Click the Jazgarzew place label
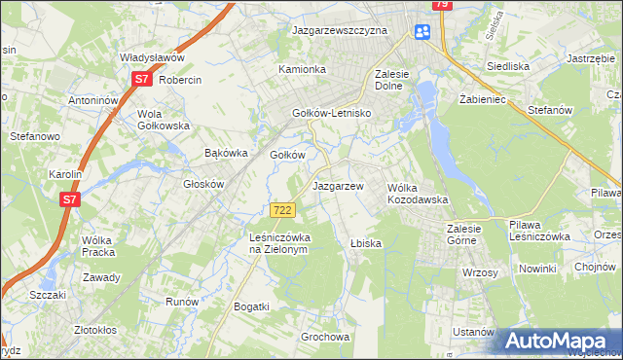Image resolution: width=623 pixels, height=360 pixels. [338, 186]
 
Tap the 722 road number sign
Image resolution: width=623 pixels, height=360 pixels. [282, 210]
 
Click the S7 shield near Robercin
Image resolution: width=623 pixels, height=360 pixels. [141, 80]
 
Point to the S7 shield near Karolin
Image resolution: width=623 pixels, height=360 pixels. [69, 199]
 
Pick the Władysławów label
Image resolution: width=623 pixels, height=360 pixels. [152, 58]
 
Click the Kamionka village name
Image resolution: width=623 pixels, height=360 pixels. [302, 70]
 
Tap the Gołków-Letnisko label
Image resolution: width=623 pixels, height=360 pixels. [334, 113]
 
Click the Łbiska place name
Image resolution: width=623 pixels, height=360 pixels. [365, 243]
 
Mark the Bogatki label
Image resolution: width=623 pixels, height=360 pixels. [251, 306]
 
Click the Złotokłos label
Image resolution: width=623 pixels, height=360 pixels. [102, 330]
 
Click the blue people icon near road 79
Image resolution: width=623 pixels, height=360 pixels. [421, 32]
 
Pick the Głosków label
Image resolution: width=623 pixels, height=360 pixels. [204, 184]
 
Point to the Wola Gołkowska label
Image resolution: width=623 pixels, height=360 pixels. [163, 120]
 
